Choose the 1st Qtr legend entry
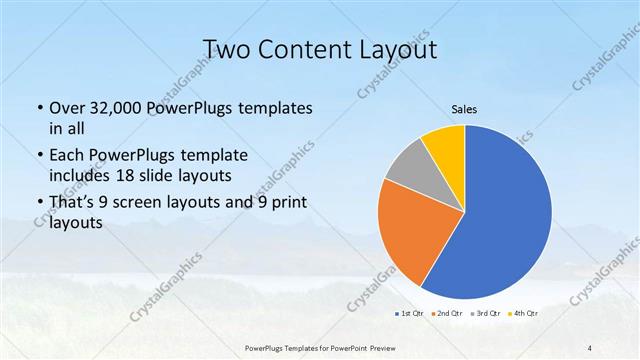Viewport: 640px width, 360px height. click(x=410, y=314)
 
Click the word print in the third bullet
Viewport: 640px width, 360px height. click(x=286, y=203)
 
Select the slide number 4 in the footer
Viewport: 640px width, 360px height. click(x=590, y=347)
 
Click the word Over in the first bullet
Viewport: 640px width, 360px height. click(x=66, y=108)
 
